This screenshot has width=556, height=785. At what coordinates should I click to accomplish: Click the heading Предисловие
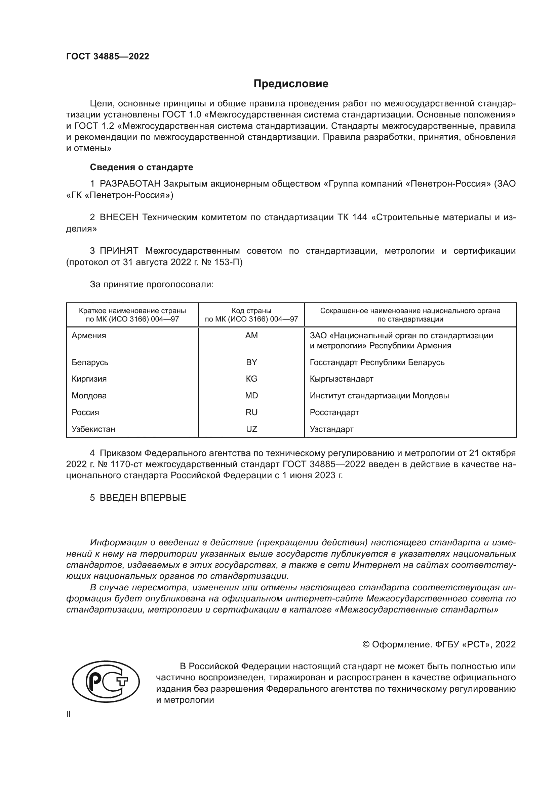click(x=291, y=84)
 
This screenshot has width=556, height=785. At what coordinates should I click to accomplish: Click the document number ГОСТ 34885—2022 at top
click(x=108, y=56)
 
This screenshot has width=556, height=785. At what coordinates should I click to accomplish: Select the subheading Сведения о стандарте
click(x=142, y=167)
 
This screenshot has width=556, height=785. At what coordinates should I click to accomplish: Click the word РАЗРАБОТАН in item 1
click(x=130, y=184)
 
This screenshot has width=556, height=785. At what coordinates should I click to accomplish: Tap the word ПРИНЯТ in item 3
click(x=119, y=251)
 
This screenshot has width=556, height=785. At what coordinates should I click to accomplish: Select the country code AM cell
click(x=251, y=336)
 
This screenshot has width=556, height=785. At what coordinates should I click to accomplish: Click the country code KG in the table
click(x=251, y=379)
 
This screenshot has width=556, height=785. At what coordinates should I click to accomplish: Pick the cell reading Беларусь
click(x=90, y=362)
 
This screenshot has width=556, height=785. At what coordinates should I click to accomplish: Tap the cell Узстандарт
click(x=331, y=429)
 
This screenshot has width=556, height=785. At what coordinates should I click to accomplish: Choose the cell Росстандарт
click(x=334, y=412)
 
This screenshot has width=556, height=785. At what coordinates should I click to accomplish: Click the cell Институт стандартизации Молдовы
click(x=379, y=396)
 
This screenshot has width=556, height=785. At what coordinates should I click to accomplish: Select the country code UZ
click(x=251, y=429)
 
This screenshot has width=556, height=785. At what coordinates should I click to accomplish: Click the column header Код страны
click(x=251, y=311)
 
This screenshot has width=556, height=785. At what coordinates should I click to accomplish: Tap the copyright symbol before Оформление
click(x=366, y=644)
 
